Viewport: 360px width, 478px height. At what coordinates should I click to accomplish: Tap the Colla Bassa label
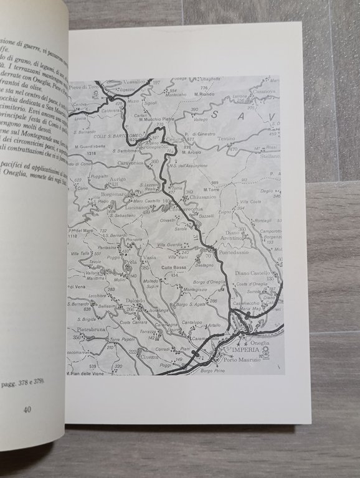[174, 267]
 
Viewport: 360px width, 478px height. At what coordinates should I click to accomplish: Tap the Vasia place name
[149, 257]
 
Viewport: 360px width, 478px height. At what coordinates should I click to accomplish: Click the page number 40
[27, 409]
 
